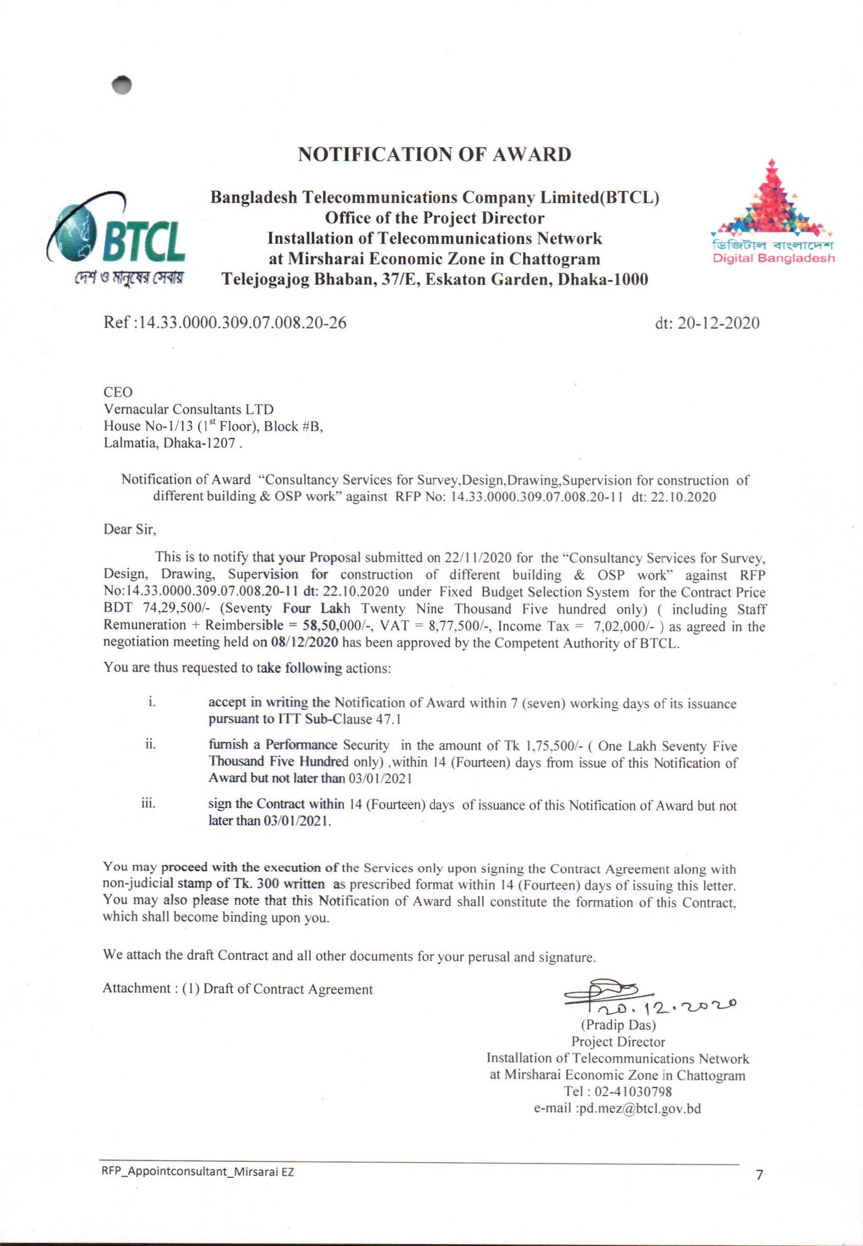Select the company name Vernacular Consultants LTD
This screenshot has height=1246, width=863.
[189, 408]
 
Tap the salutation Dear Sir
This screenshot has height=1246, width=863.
[130, 529]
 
